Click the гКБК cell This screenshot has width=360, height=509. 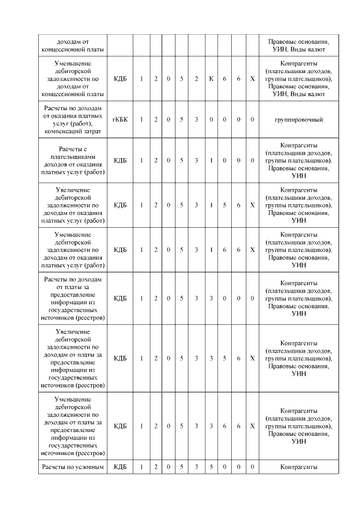pyautogui.click(x=120, y=119)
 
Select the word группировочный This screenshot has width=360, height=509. pyautogui.click(x=298, y=119)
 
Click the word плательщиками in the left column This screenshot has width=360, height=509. pyautogui.click(x=74, y=156)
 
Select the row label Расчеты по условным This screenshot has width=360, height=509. pyautogui.click(x=74, y=466)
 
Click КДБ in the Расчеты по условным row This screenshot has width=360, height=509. pyautogui.click(x=120, y=466)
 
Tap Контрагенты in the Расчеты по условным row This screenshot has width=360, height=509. pyautogui.click(x=298, y=466)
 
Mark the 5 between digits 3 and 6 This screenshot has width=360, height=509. pyautogui.click(x=224, y=358)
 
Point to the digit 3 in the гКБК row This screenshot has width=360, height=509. pyautogui.click(x=196, y=119)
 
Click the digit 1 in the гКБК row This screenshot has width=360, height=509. pyautogui.click(x=142, y=119)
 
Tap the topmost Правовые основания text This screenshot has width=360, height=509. pyautogui.click(x=298, y=42)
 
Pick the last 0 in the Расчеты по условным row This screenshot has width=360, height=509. pyautogui.click(x=253, y=466)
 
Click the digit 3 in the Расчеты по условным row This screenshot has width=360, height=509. pyautogui.click(x=196, y=466)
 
